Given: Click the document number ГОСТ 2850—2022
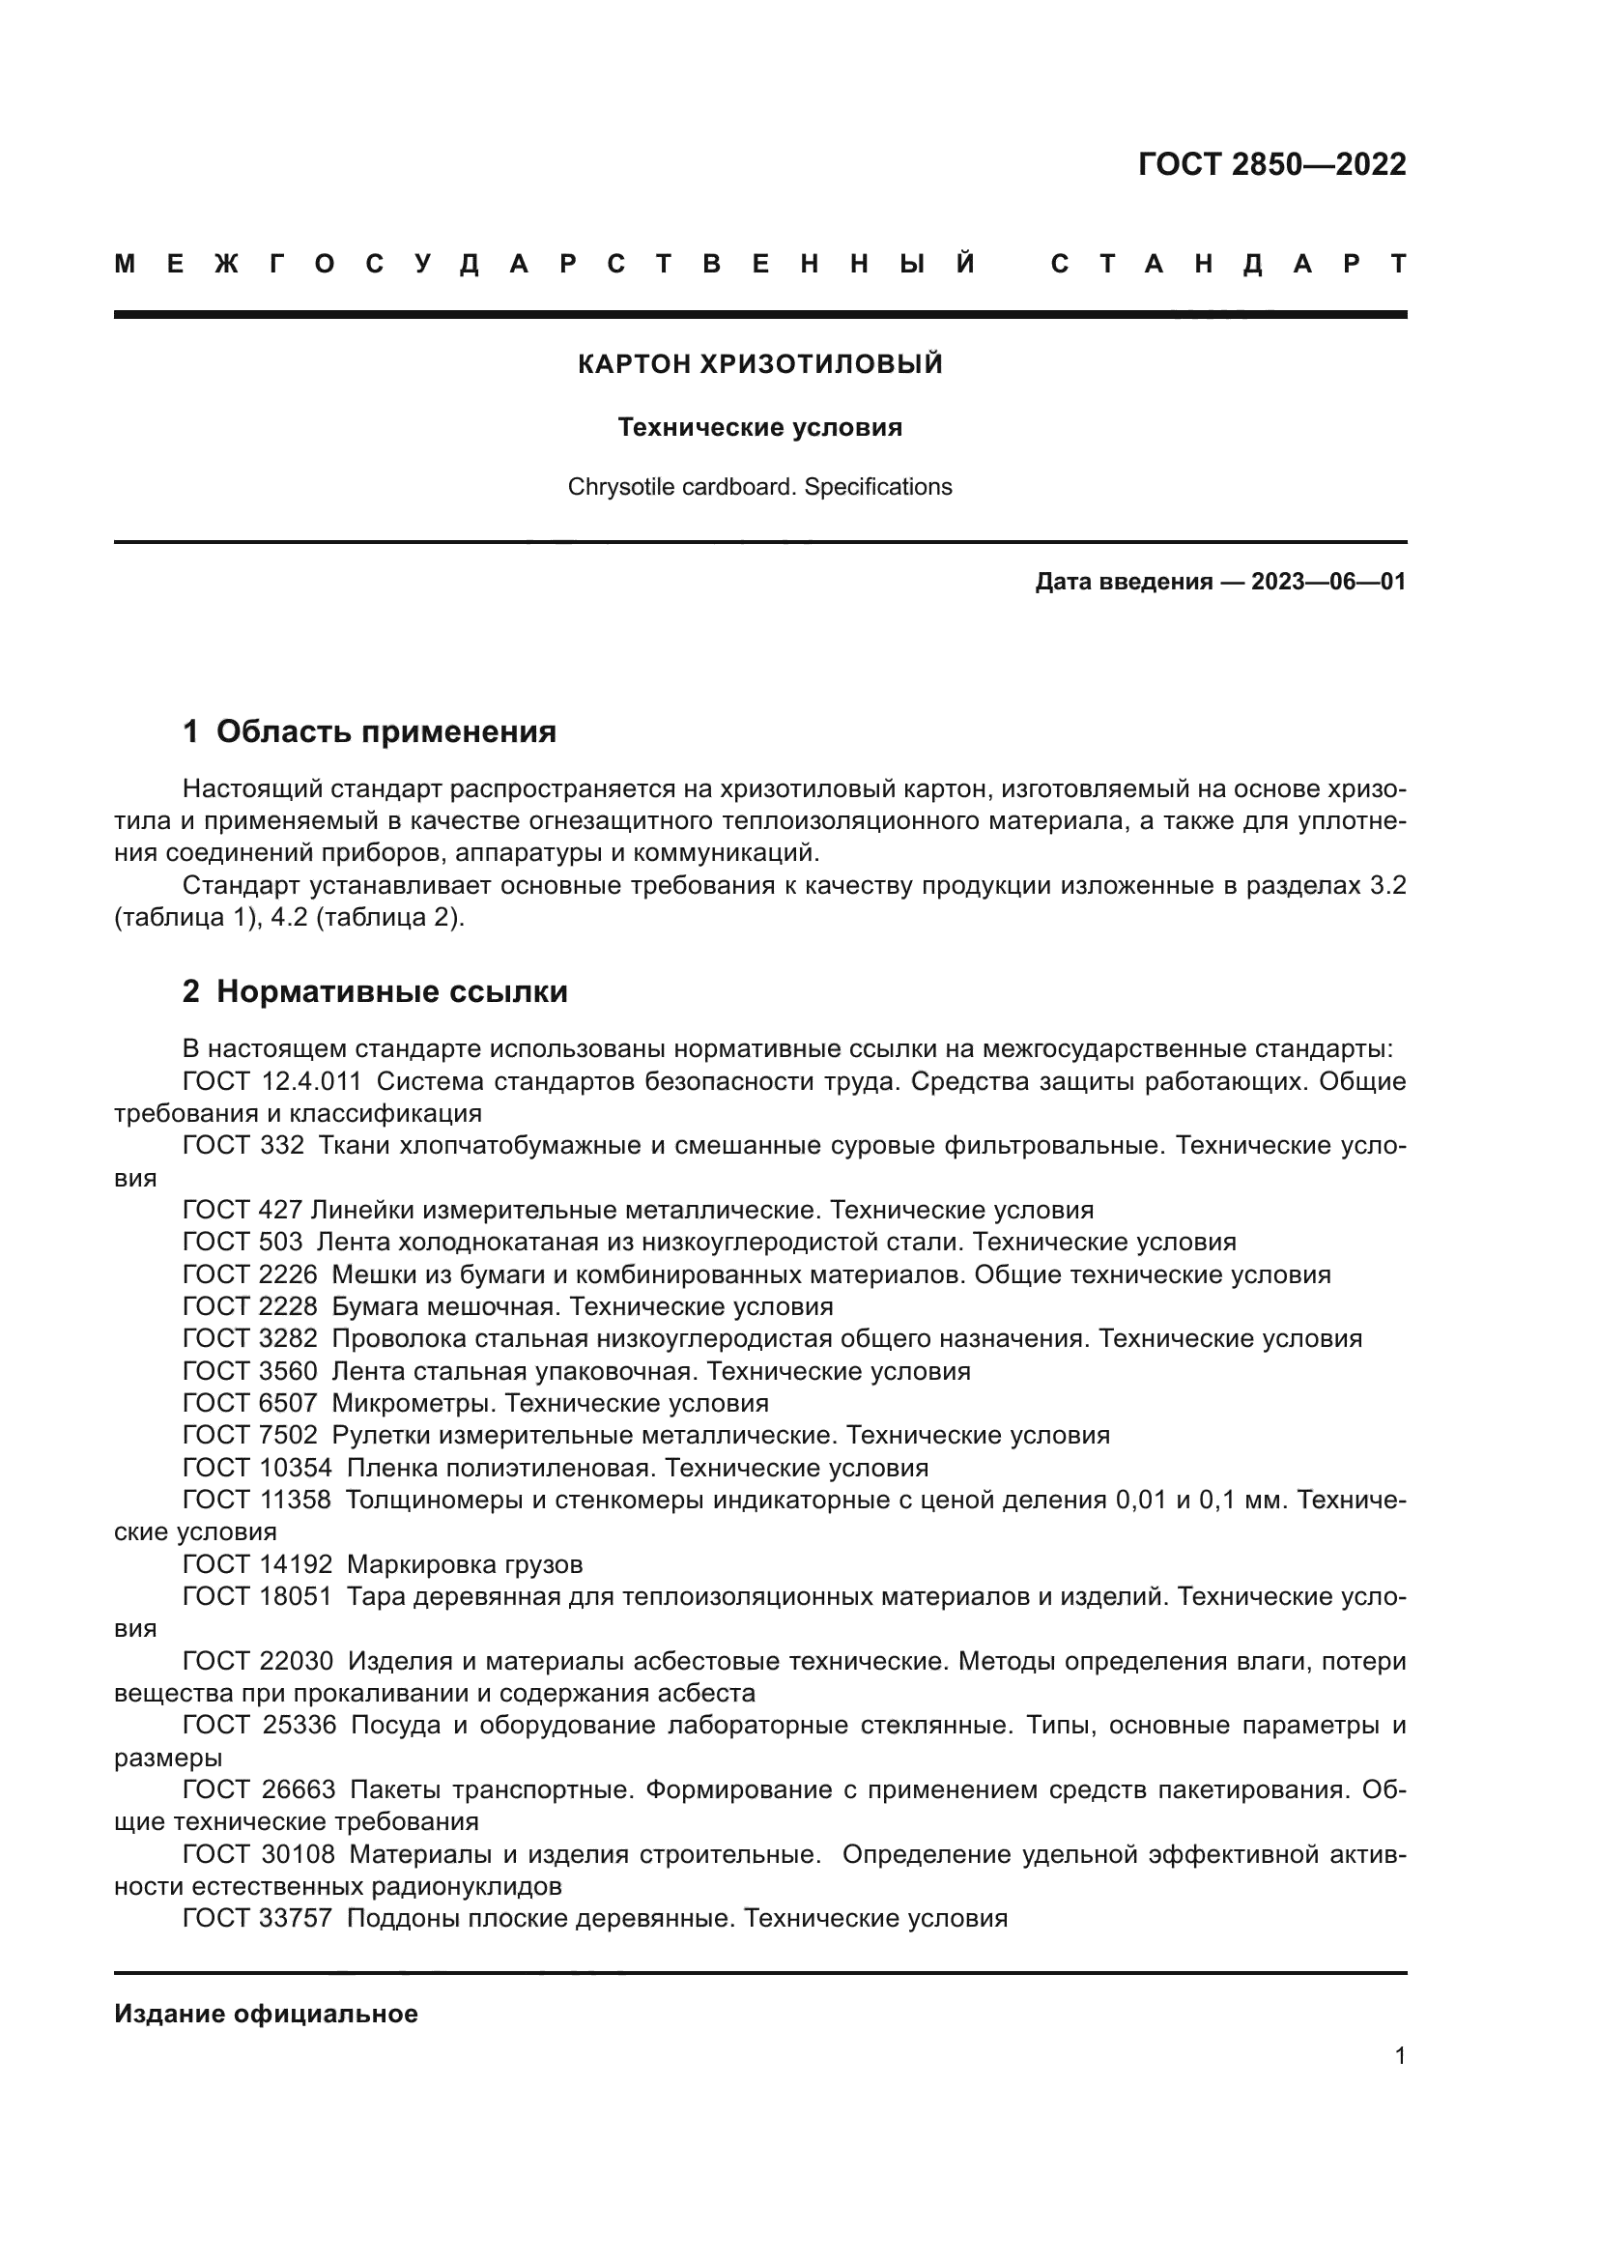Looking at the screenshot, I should point(1271,163).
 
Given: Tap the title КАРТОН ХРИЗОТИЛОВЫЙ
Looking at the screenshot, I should point(759,364).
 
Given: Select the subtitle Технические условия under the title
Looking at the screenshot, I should point(759,427).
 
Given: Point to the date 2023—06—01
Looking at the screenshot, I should point(1328,582).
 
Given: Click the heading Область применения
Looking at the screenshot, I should point(385,731).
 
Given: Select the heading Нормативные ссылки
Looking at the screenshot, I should point(391,991).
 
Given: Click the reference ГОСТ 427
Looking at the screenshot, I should point(243,1210).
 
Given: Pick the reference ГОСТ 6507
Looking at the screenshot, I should point(250,1403).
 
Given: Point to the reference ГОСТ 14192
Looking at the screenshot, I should point(258,1564).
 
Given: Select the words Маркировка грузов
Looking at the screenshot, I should point(465,1564).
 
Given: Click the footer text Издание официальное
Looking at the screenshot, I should point(266,2014).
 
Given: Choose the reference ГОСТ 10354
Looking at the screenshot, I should point(258,1468).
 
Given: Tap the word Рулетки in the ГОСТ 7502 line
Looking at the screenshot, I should point(379,1435).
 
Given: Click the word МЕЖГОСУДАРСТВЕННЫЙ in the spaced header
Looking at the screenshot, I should point(546,264).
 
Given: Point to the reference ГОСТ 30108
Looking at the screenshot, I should point(258,1854).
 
